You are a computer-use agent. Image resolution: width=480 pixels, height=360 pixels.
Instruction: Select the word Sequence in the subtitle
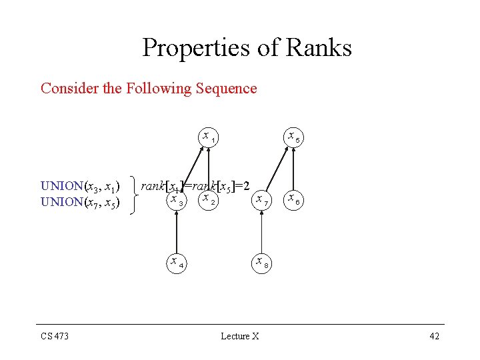pos(226,89)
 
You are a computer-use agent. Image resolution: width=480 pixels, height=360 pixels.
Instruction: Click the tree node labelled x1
pos(208,137)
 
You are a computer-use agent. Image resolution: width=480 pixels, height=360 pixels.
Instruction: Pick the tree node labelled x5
pos(293,137)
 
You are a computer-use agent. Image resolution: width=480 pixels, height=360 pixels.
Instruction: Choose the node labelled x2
pos(208,199)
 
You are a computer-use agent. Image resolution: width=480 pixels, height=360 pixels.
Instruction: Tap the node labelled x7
pos(261,199)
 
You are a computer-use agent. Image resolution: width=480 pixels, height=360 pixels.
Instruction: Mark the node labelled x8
pos(261,262)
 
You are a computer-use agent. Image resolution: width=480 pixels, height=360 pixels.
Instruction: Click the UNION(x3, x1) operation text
pos(80,185)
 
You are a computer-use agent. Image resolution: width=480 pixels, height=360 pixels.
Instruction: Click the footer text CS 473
pos(55,336)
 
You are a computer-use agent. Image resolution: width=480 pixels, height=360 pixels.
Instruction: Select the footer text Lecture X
pos(240,336)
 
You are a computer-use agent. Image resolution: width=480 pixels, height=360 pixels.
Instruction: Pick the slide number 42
pos(434,336)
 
